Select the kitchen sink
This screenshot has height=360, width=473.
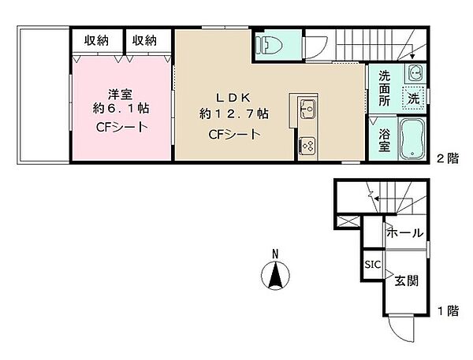307,108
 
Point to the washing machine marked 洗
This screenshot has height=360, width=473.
413,98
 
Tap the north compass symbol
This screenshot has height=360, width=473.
274,277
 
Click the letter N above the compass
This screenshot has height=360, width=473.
274,254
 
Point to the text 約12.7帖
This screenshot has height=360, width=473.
234,114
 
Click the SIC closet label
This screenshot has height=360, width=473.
372,265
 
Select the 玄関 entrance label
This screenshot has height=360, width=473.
407,279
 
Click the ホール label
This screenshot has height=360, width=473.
405,234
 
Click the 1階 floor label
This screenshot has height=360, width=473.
447,310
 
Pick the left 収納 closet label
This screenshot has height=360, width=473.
97,40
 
